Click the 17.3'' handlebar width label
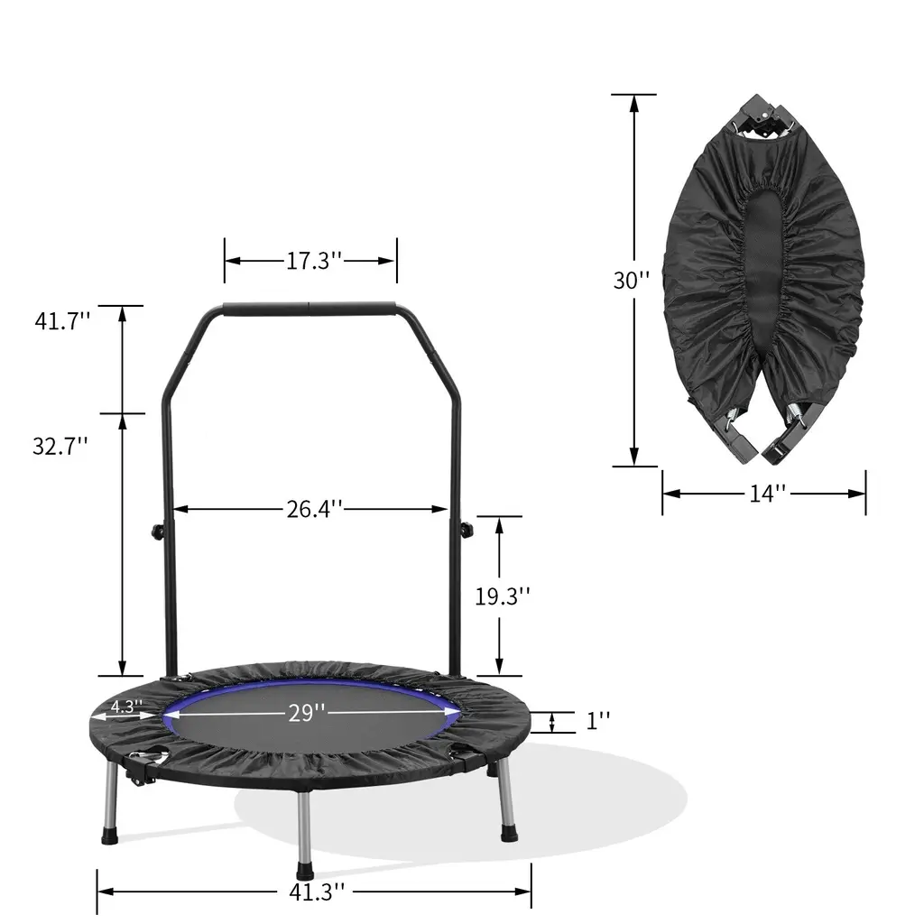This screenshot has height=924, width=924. (x=313, y=261)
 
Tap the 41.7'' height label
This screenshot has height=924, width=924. (x=62, y=321)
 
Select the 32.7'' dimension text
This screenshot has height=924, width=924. (x=60, y=446)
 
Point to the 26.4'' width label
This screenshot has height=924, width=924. (x=314, y=509)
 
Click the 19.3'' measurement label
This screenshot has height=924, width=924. (x=503, y=596)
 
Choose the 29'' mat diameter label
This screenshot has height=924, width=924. (x=307, y=713)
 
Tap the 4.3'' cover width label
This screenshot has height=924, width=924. (x=126, y=706)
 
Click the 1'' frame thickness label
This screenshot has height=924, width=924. (x=597, y=720)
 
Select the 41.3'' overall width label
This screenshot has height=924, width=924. (x=317, y=892)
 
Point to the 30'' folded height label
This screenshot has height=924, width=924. (x=632, y=281)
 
